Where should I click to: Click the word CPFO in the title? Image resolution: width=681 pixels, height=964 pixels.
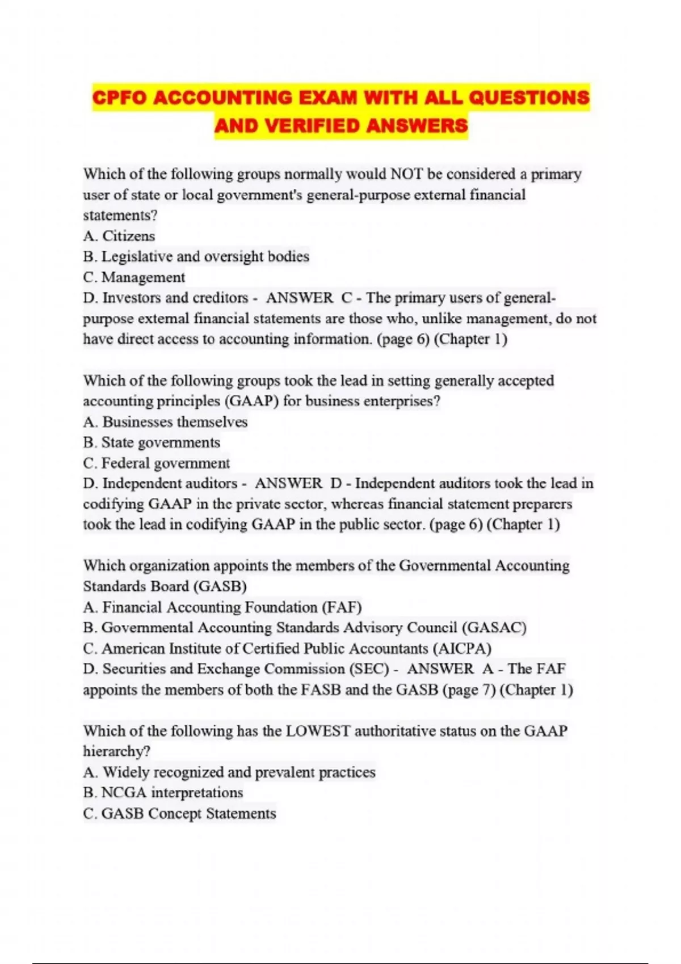pos(120,98)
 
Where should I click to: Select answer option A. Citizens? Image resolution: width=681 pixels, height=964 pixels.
pos(119,236)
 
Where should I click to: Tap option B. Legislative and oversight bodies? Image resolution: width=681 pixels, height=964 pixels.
pos(196,257)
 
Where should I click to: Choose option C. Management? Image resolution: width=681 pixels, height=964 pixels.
pos(134,277)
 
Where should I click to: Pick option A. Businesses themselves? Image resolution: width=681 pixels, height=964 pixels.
pos(165,422)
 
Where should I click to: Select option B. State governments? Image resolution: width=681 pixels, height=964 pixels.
pos(152,442)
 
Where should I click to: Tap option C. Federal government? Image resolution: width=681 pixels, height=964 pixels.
pos(156,463)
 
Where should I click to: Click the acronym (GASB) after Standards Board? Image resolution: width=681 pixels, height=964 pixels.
pos(220,586)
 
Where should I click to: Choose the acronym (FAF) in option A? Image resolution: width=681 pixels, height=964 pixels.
pos(342,607)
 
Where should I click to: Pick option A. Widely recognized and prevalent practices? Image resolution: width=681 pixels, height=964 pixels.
pos(229,772)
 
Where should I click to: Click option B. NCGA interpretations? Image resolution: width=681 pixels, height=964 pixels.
pos(163,793)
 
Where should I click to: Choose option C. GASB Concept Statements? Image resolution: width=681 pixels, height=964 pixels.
pos(179,814)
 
